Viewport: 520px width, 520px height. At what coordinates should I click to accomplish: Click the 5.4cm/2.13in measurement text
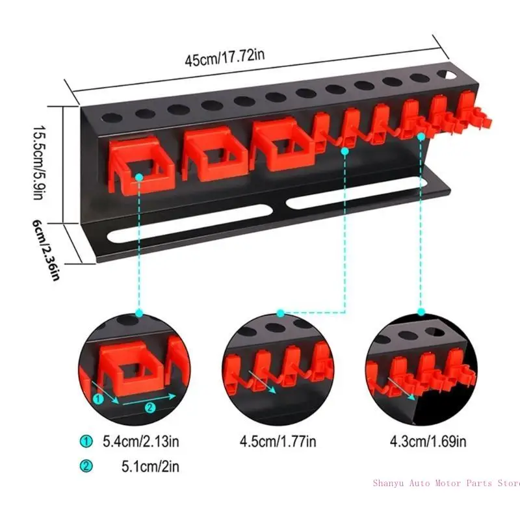pos(140,443)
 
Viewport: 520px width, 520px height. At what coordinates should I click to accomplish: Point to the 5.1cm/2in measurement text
pos(150,466)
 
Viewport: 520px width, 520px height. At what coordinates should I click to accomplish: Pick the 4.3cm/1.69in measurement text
pos(428,443)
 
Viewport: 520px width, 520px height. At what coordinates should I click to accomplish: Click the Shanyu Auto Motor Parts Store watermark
pos(446,483)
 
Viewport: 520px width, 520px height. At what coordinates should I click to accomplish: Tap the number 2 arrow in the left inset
pos(149,408)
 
